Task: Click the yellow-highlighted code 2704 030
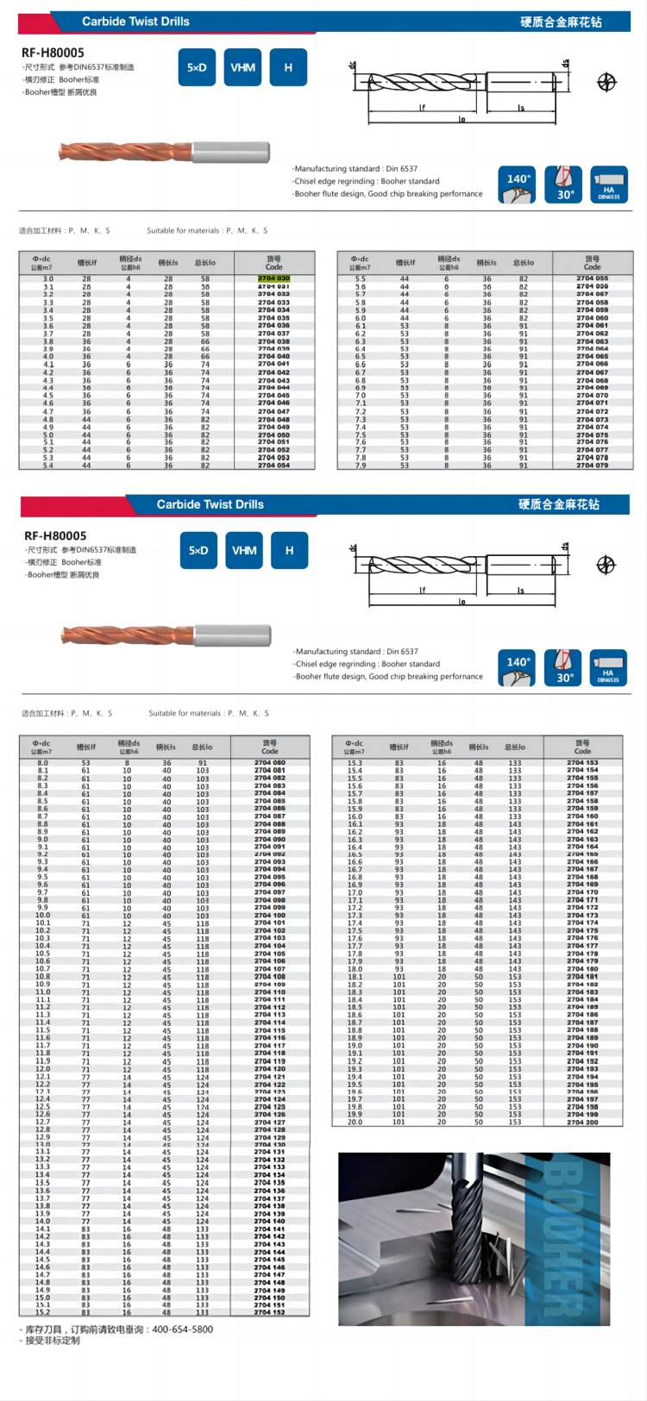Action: click(x=273, y=278)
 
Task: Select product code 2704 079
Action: click(x=592, y=466)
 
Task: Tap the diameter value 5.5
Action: click(x=360, y=278)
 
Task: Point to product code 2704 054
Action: click(x=273, y=466)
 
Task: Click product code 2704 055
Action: click(x=592, y=278)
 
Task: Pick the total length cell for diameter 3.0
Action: click(x=205, y=278)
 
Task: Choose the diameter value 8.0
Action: click(x=42, y=763)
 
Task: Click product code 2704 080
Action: click(x=269, y=763)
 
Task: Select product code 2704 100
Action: click(x=269, y=916)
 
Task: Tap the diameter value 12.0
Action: click(x=42, y=1069)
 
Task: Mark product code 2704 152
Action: click(x=269, y=1312)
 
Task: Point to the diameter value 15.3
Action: click(x=355, y=763)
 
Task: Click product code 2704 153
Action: click(x=582, y=763)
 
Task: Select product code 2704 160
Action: click(x=582, y=816)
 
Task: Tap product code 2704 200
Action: click(x=582, y=1122)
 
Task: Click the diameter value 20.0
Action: click(x=355, y=1122)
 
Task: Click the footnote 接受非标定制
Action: click(x=53, y=1341)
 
